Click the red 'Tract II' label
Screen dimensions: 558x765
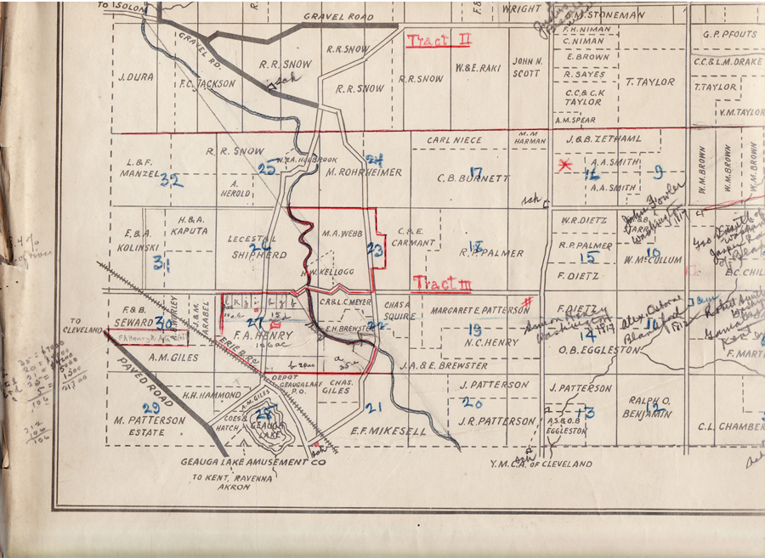(439, 41)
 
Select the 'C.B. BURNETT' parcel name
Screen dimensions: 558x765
(473, 178)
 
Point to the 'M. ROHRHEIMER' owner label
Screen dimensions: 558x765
(364, 172)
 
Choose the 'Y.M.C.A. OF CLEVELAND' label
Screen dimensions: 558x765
(541, 464)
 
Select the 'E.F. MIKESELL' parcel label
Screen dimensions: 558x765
(388, 431)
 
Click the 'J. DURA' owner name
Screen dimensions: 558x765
(136, 76)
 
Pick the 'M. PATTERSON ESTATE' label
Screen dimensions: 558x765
(149, 426)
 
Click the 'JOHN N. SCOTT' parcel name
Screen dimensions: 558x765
(527, 67)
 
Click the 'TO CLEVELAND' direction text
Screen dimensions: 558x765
(88, 325)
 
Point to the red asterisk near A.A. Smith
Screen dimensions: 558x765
(564, 165)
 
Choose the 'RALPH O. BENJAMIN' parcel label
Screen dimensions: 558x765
(650, 406)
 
